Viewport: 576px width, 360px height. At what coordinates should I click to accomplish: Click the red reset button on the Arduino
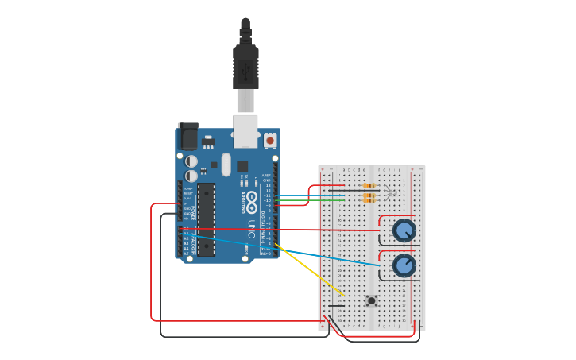(270, 141)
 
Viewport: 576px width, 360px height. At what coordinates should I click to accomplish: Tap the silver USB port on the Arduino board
(245, 131)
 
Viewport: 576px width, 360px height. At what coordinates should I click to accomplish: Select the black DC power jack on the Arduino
(188, 137)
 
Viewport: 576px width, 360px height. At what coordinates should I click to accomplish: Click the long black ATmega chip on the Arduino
(206, 219)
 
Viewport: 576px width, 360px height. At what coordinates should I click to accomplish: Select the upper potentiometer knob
(404, 230)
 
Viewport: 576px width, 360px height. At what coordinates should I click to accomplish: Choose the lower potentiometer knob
(404, 265)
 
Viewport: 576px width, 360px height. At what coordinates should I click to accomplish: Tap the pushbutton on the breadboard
(371, 300)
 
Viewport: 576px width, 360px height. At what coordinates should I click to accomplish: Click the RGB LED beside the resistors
(389, 192)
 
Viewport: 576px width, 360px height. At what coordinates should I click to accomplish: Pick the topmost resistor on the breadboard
(369, 185)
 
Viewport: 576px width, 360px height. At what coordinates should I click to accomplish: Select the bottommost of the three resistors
(369, 199)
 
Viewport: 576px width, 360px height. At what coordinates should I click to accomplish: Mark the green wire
(310, 200)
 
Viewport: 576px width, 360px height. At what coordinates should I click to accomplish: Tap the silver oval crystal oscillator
(226, 165)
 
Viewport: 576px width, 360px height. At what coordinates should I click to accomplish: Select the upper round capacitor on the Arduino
(191, 161)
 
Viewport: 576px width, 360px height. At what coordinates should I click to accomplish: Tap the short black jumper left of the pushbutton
(337, 305)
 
